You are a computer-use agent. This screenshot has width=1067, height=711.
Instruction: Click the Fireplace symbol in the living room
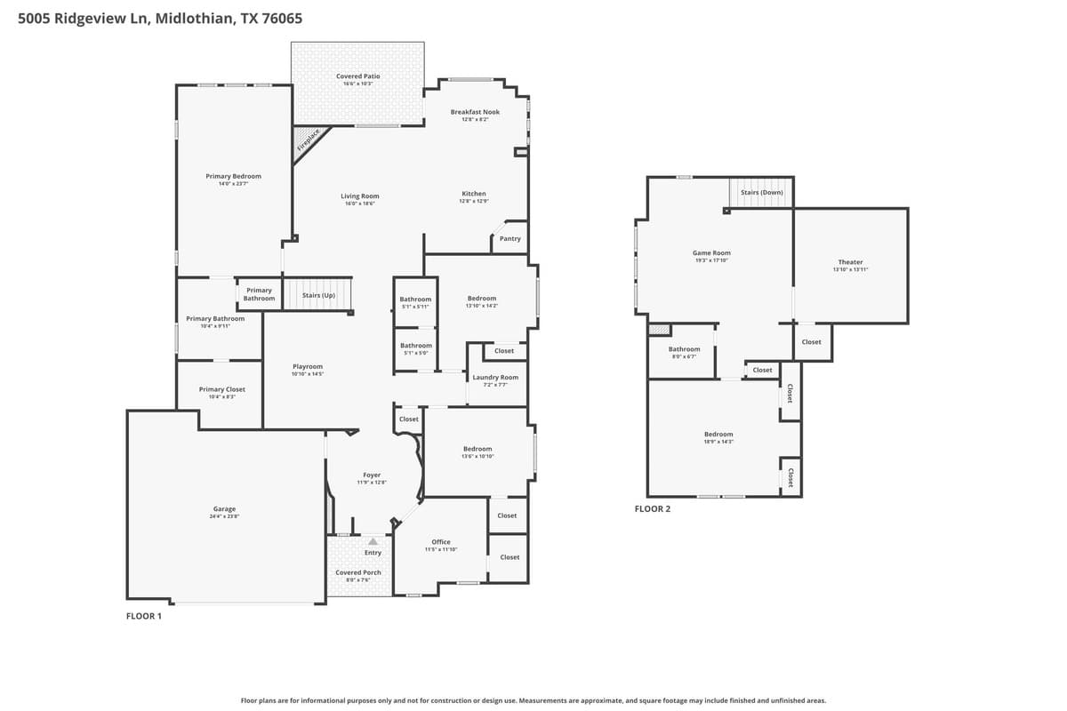point(309,141)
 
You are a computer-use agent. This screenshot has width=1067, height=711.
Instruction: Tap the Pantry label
point(510,238)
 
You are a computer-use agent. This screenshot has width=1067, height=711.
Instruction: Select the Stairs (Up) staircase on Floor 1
point(317,294)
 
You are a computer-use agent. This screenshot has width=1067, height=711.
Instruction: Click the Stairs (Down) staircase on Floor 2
point(761,192)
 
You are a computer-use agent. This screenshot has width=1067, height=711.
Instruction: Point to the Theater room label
point(850,262)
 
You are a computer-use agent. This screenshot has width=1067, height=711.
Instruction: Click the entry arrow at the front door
point(373,540)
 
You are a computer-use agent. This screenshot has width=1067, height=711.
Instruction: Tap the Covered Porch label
point(358,572)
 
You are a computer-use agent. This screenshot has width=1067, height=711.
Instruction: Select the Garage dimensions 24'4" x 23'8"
point(224,516)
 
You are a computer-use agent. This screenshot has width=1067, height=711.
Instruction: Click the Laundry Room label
point(495,377)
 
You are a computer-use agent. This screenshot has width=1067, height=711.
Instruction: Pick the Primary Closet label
point(222,389)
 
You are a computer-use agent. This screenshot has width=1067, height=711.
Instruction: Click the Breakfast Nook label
point(475,112)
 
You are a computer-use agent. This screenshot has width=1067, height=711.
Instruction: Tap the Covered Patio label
point(358,76)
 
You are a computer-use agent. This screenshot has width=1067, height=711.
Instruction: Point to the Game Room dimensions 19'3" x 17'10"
point(711,260)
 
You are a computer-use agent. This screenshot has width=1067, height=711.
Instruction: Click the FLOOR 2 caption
point(653,509)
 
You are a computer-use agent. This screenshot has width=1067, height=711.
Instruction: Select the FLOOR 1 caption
point(144,615)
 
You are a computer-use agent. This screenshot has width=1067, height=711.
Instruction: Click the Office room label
point(441,541)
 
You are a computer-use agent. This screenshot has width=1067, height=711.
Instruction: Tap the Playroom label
point(308,366)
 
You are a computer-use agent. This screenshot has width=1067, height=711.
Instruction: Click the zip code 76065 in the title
point(282,18)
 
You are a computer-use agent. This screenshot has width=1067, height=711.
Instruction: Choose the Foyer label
point(372,475)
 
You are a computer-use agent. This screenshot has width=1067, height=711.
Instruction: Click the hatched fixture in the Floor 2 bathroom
point(658,330)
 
